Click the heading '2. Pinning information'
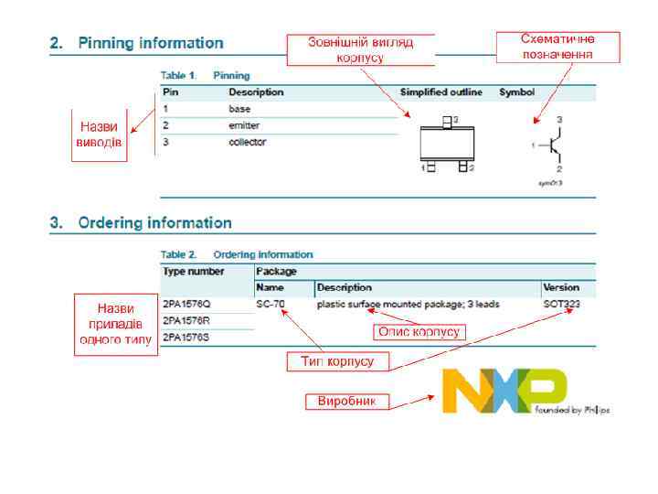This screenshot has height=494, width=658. (136, 43)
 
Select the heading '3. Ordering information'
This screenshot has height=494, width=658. (141, 222)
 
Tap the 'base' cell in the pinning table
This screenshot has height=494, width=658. (239, 108)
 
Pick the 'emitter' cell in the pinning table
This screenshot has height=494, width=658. (244, 124)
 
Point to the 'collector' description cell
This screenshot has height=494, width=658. (247, 142)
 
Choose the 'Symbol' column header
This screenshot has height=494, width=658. (516, 92)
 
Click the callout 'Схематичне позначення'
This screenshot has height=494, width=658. (557, 47)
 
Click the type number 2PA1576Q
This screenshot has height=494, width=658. (186, 304)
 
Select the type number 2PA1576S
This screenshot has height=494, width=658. (186, 338)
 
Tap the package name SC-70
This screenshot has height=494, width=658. (271, 304)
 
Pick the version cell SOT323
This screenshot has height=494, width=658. (562, 304)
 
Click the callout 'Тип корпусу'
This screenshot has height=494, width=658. (337, 361)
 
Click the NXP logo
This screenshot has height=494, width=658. (504, 391)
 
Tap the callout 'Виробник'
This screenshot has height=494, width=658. (346, 401)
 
